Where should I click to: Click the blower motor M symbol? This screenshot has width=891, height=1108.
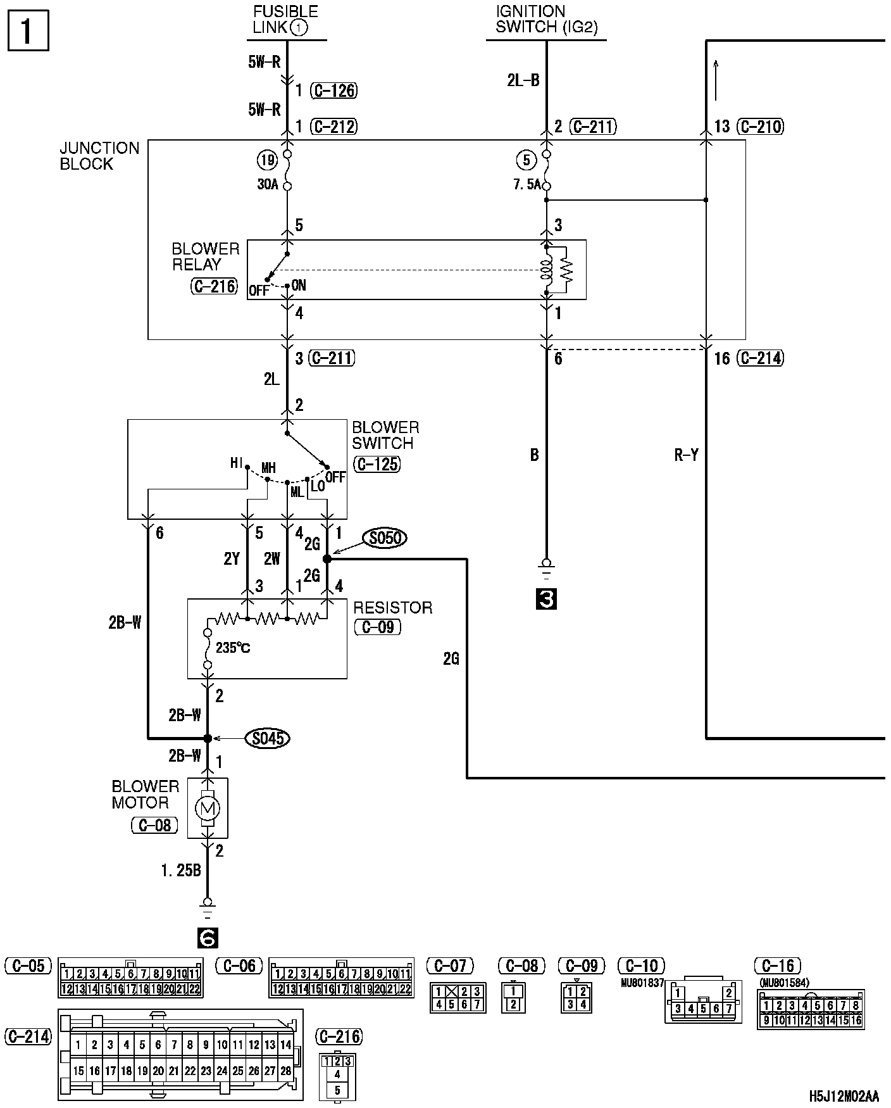[207, 807]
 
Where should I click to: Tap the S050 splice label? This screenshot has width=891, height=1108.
[384, 538]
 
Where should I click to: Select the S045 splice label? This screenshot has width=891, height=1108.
[267, 738]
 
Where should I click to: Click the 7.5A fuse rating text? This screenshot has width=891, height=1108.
[527, 186]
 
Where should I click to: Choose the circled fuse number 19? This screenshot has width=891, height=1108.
[267, 160]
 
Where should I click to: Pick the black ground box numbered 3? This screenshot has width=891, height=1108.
[546, 598]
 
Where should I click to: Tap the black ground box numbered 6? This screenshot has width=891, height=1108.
[208, 938]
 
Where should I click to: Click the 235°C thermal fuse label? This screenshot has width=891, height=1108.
[233, 648]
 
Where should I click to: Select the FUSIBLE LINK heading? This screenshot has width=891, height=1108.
[285, 20]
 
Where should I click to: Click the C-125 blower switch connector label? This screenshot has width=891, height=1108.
[377, 464]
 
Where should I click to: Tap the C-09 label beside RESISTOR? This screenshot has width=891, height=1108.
[377, 627]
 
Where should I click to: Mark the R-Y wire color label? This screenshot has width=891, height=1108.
[686, 455]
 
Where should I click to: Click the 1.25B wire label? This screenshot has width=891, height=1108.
[181, 871]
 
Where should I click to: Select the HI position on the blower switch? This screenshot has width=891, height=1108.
[236, 463]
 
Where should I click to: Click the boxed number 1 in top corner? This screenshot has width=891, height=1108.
[27, 31]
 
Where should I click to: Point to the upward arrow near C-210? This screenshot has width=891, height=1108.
[716, 79]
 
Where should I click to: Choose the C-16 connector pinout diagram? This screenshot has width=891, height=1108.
[811, 1009]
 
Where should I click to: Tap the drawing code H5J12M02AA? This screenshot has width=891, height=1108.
[844, 1096]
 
